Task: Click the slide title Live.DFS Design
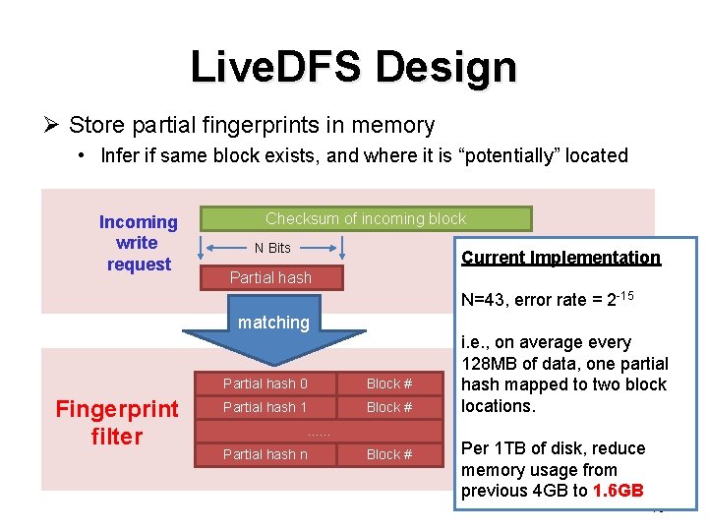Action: click(353, 67)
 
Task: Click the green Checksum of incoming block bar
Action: click(366, 218)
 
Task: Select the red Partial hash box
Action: click(270, 277)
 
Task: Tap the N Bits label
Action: click(272, 248)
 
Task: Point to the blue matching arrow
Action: click(273, 334)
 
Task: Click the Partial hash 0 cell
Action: click(265, 383)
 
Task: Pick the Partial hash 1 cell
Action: click(265, 407)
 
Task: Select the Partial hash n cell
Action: click(265, 454)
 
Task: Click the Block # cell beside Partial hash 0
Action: click(389, 383)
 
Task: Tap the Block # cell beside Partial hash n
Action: click(389, 454)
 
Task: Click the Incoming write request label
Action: click(138, 243)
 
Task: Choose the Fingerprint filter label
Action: click(116, 422)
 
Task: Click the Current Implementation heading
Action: click(560, 258)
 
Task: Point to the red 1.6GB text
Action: click(619, 491)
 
